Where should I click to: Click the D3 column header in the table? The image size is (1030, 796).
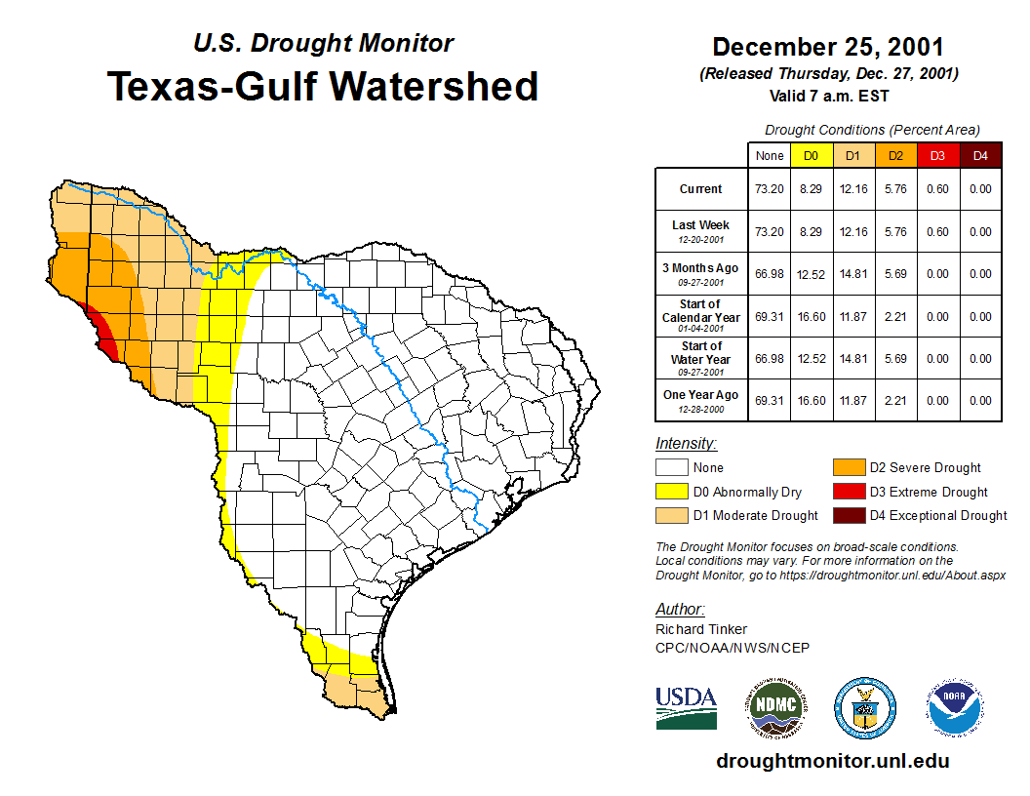click(x=937, y=156)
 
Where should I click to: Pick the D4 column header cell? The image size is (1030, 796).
click(x=980, y=156)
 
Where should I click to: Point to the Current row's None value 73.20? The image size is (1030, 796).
click(x=770, y=189)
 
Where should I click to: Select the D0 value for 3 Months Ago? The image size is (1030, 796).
click(x=811, y=274)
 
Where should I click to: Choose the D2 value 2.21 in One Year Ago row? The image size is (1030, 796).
click(x=895, y=400)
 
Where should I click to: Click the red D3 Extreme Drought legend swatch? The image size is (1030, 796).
click(x=848, y=492)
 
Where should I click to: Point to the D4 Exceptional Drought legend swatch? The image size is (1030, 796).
click(x=848, y=515)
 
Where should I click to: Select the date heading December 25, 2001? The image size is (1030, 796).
click(x=827, y=47)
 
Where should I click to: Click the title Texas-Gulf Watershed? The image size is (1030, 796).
click(x=323, y=86)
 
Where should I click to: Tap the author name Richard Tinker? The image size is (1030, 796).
click(x=701, y=629)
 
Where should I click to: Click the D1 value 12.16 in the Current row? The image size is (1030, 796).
click(x=852, y=189)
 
